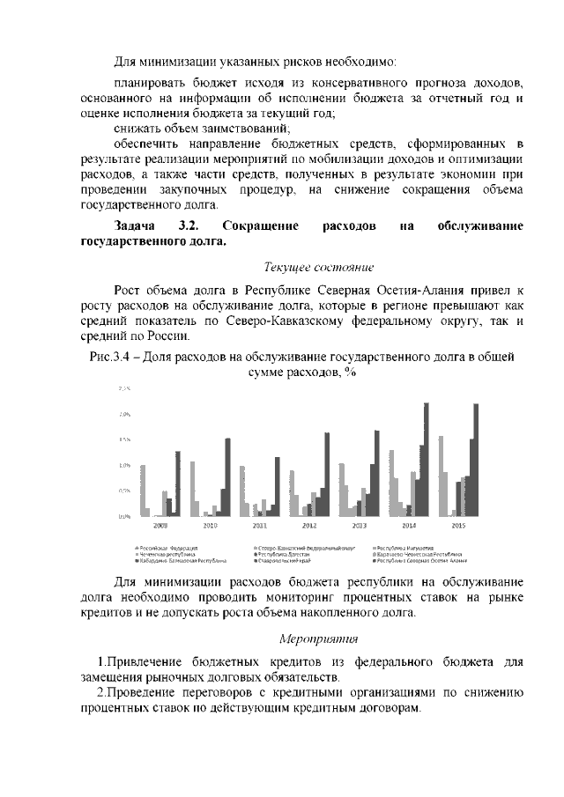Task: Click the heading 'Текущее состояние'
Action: pyautogui.click(x=320, y=266)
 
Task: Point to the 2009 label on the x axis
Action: pyautogui.click(x=160, y=525)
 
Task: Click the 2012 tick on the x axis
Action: pyautogui.click(x=309, y=525)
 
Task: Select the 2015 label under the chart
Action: pyautogui.click(x=459, y=525)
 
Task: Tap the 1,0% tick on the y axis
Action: pyautogui.click(x=123, y=465)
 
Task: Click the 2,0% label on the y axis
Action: pyautogui.click(x=123, y=414)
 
